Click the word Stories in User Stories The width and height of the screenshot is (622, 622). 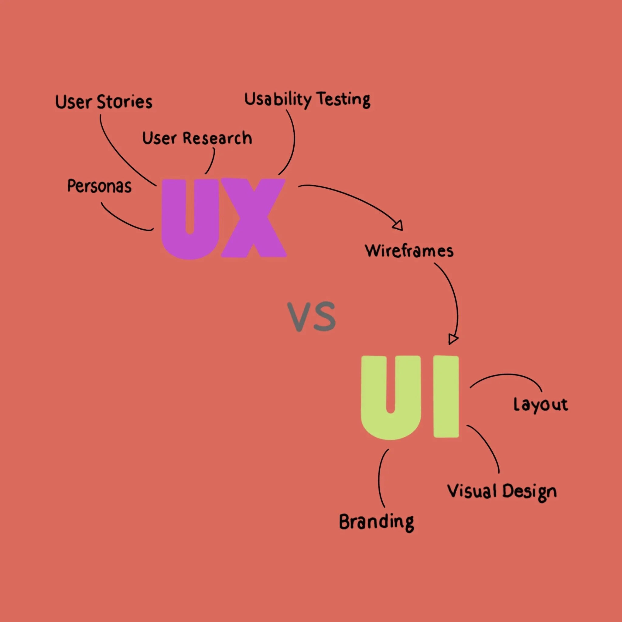124,102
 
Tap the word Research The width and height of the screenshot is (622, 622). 217,138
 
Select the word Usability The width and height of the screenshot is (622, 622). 278,100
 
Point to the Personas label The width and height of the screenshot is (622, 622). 100,186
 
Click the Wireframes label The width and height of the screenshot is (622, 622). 409,251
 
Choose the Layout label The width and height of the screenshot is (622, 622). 541,405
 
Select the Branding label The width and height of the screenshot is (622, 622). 376,522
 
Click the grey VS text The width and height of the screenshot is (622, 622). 311,316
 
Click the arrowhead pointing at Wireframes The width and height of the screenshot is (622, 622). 398,225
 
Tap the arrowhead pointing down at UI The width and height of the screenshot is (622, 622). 453,340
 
